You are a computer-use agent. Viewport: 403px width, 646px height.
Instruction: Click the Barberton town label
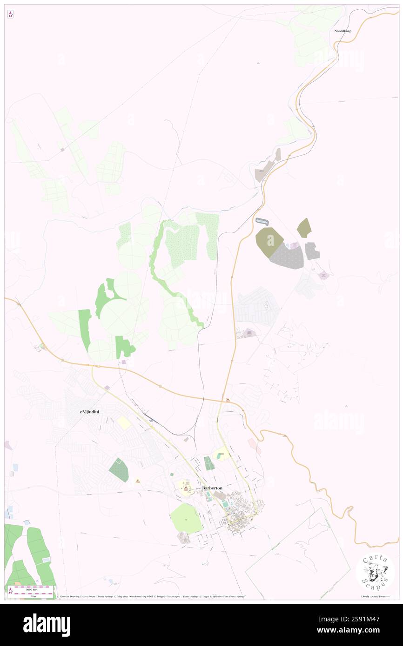212,488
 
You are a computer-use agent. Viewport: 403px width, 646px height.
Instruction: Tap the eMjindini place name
90,412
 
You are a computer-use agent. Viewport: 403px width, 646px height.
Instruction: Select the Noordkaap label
343,31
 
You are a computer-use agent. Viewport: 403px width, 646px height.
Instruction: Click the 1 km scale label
33,596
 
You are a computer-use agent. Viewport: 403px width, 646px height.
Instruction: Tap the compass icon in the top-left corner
10,14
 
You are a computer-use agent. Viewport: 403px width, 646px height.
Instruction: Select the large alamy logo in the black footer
47,625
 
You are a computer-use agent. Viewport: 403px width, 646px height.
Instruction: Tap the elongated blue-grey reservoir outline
262,221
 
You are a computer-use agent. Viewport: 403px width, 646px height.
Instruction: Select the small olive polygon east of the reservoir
304,228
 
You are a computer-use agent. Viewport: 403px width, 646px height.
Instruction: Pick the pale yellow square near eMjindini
124,423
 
